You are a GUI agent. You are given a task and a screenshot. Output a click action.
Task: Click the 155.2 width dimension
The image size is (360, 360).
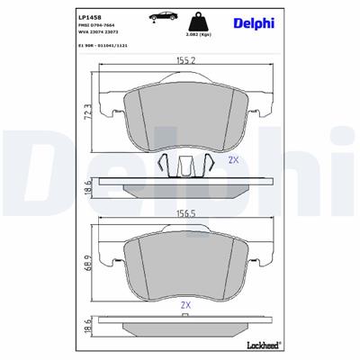coord(186,62)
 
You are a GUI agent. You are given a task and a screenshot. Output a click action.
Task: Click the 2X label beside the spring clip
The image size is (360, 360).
coord(232,160)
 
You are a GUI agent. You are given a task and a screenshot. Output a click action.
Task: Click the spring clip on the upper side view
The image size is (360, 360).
coord(184,166)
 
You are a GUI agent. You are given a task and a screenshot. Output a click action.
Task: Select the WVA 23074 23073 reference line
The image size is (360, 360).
coord(100,34)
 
